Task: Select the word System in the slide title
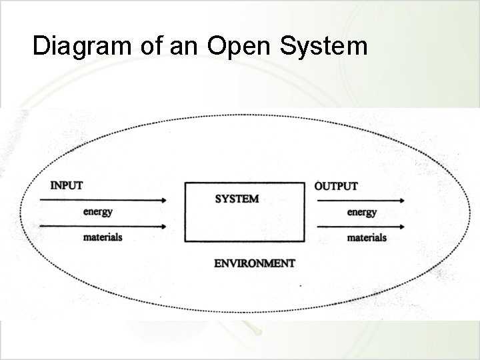(x=326, y=46)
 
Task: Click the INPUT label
(x=67, y=185)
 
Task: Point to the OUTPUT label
(x=336, y=186)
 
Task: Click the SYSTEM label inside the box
(x=237, y=199)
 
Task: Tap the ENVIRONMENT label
(x=254, y=263)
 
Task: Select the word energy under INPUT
(x=98, y=212)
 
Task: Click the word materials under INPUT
(x=103, y=237)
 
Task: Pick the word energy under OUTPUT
(x=362, y=213)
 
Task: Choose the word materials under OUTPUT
(x=367, y=237)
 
